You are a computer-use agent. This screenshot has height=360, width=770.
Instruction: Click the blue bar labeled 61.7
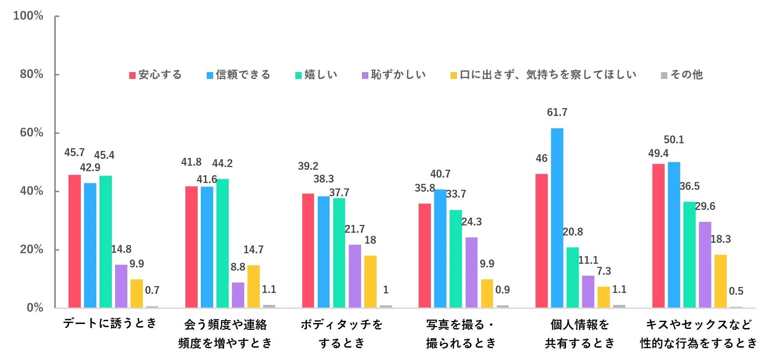point(557,218)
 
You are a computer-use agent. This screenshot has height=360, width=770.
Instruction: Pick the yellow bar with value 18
point(370,281)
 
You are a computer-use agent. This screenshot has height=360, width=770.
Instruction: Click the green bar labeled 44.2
point(222,243)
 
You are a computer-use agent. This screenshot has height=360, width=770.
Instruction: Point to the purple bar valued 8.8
point(238,295)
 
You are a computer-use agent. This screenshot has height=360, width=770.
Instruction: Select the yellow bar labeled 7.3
point(603,297)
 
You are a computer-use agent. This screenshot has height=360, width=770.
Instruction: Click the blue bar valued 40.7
point(440,248)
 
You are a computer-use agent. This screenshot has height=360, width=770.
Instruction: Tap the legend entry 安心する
point(155,75)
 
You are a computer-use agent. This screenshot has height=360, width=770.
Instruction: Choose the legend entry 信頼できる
point(238,75)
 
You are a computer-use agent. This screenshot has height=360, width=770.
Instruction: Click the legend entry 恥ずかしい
point(393,75)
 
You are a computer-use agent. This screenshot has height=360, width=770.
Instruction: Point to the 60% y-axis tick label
point(31,133)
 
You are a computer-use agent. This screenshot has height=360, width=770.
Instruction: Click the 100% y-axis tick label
point(28,16)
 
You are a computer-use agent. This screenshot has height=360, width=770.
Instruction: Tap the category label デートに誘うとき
point(110,323)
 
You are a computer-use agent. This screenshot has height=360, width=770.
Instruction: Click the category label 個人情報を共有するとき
point(580,334)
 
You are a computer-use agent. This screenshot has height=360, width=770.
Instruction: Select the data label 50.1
point(674,140)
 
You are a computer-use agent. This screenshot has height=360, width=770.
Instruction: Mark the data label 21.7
point(355,229)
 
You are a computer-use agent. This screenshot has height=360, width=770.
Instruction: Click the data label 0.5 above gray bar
point(736,291)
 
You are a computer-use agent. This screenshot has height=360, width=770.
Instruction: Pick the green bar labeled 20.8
point(572,277)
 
